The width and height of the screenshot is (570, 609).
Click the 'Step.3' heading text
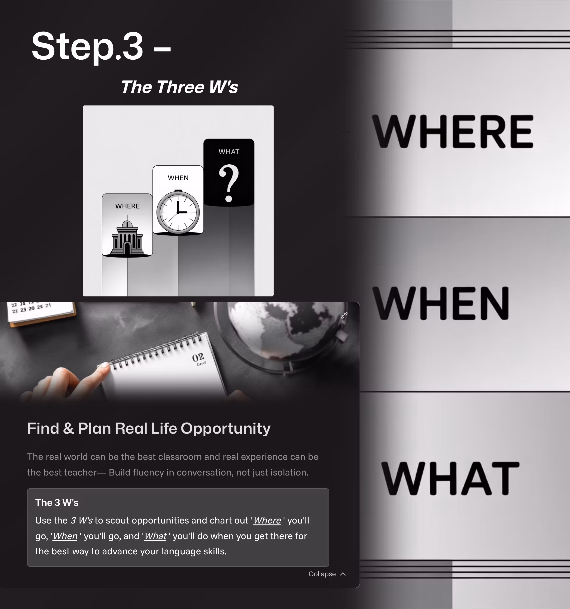[x=87, y=47]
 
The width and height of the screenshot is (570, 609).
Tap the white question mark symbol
[x=228, y=183]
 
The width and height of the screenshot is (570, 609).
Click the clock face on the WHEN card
[x=178, y=212]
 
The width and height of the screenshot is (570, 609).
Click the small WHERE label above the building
[x=127, y=206]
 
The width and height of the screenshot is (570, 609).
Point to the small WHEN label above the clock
[x=178, y=178]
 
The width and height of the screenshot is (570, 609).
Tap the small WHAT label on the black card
[x=228, y=152]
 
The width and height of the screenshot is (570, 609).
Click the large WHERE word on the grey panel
[x=452, y=132]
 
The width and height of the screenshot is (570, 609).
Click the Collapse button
[x=327, y=574]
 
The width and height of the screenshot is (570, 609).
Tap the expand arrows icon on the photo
[x=344, y=315]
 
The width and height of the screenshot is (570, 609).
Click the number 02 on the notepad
[x=198, y=357]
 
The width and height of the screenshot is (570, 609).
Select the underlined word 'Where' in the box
[x=267, y=520]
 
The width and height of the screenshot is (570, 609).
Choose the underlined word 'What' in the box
[x=155, y=536]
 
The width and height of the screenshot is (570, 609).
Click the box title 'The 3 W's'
[x=57, y=503]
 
